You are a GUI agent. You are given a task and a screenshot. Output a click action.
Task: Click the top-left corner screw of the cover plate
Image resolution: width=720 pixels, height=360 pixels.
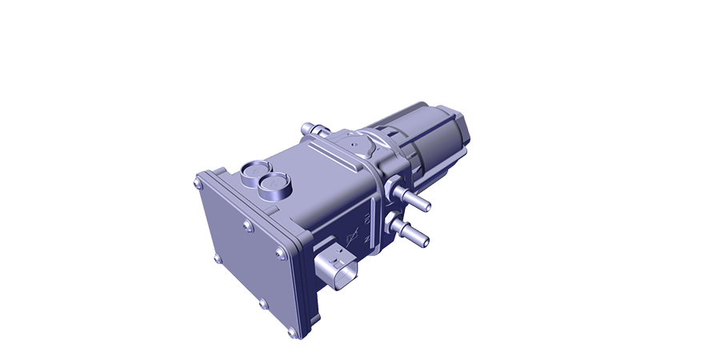point(198,183)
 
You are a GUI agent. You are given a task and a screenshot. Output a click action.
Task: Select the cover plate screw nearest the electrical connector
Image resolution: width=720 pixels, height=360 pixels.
point(279,254)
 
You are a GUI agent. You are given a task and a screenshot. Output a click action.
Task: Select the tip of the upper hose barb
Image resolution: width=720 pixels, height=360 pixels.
point(427,207)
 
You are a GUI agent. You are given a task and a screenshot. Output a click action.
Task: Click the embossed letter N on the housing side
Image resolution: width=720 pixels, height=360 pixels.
point(366,238)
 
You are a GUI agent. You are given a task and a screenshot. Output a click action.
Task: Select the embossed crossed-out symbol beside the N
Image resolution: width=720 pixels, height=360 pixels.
point(350,236)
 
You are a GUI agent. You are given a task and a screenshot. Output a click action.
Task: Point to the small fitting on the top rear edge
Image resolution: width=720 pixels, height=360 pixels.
point(311,129)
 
